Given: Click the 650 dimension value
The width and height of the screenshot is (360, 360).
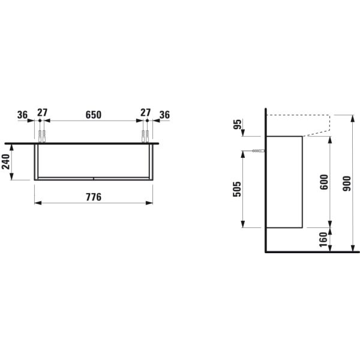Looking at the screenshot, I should pyautogui.click(x=93, y=114).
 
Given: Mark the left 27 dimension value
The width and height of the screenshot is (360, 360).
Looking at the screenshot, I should pyautogui.click(x=42, y=114).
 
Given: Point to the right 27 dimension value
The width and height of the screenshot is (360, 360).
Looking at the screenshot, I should pyautogui.click(x=145, y=114).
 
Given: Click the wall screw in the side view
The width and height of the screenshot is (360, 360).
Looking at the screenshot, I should pyautogui.click(x=259, y=151).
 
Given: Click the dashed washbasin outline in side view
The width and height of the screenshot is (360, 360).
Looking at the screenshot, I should pyautogui.click(x=300, y=115).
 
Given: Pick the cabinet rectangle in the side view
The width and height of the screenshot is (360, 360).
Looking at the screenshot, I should pyautogui.click(x=283, y=182).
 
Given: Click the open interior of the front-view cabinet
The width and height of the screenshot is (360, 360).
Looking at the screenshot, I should pyautogui.click(x=93, y=162).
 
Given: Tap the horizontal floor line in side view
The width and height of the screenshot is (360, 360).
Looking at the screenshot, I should pyautogui.click(x=312, y=252).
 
